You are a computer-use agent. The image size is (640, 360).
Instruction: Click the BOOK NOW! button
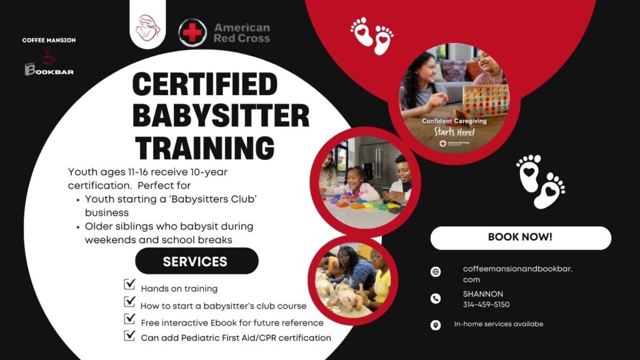click(520, 237)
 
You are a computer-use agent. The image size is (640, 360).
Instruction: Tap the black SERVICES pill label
click(196, 261)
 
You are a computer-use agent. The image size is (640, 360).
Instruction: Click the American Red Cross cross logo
click(192, 32)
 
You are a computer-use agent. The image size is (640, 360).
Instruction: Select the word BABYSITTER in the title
click(221, 116)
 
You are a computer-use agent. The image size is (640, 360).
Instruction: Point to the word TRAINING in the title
click(204, 147)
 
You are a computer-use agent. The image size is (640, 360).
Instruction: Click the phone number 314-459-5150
click(486, 304)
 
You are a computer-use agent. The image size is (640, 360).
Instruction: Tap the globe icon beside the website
click(436, 272)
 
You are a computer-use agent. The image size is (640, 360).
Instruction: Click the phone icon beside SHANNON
click(436, 299)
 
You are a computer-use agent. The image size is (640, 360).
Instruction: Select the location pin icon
click(436, 325)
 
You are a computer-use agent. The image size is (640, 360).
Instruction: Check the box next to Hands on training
click(130, 285)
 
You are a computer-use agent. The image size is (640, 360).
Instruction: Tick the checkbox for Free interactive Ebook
click(130, 319)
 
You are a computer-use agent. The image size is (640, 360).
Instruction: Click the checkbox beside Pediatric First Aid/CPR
click(130, 335)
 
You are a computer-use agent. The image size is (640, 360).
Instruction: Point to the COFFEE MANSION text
click(49, 40)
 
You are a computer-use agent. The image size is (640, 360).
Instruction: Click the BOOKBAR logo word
click(49, 71)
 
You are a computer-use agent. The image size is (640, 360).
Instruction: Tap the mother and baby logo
click(147, 27)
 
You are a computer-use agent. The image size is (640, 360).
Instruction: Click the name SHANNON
click(482, 294)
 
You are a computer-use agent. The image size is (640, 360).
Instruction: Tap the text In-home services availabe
click(498, 324)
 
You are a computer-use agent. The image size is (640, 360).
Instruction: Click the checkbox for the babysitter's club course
click(130, 302)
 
